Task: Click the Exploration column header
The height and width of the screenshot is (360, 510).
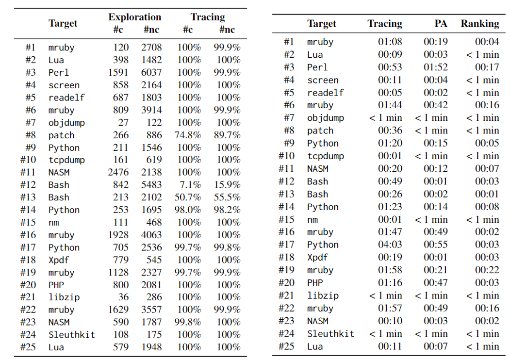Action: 134,17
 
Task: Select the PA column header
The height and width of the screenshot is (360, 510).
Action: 441,23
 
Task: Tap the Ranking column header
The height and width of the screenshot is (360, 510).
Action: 479,23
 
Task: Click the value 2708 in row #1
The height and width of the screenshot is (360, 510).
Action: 152,48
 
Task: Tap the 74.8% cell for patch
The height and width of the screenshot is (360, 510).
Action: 187,135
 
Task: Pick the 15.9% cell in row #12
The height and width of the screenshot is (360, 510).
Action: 227,185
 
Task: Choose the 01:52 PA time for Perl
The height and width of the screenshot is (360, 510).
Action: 435,67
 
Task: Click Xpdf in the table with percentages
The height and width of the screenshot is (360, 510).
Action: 59,260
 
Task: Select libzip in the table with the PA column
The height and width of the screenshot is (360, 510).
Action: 323,295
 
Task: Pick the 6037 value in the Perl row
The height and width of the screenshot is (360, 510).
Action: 152,72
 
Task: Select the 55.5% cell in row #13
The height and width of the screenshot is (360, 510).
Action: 227,197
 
